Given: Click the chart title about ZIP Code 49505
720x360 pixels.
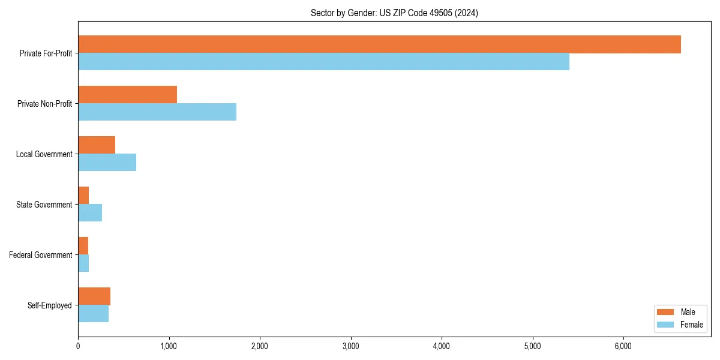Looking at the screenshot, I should coord(394,13).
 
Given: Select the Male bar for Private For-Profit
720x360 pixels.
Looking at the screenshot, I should coord(379,44).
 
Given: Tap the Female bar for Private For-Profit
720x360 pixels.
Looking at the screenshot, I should coord(323,62).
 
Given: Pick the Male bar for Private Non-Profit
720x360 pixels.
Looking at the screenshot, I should coord(127,95).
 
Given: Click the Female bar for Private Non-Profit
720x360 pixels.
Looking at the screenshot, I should coord(157,112).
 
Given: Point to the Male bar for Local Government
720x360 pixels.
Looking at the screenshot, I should coord(97,145).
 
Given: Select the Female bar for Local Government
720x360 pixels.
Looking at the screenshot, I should coord(107,163).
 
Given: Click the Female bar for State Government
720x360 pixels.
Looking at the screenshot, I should coord(90,213).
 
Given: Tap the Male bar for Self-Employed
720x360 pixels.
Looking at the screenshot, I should coord(94,296).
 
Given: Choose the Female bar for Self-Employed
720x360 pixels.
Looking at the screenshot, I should coord(93,314).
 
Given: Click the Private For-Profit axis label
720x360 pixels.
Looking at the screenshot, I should coord(46,53).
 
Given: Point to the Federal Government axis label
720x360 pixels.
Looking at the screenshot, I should coord(41,255).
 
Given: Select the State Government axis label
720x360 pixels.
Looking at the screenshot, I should coord(44,205).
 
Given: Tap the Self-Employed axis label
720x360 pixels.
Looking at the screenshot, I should coord(49,305).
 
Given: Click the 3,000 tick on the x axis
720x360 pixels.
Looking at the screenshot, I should coord(350,346).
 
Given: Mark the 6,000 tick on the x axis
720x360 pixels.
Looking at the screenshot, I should coord(623,346).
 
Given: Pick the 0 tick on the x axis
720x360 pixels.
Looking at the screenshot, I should coord(78,346).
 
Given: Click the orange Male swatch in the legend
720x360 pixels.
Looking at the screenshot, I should coord(666,312).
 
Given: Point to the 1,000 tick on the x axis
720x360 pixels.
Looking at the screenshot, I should coord(169,346).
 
